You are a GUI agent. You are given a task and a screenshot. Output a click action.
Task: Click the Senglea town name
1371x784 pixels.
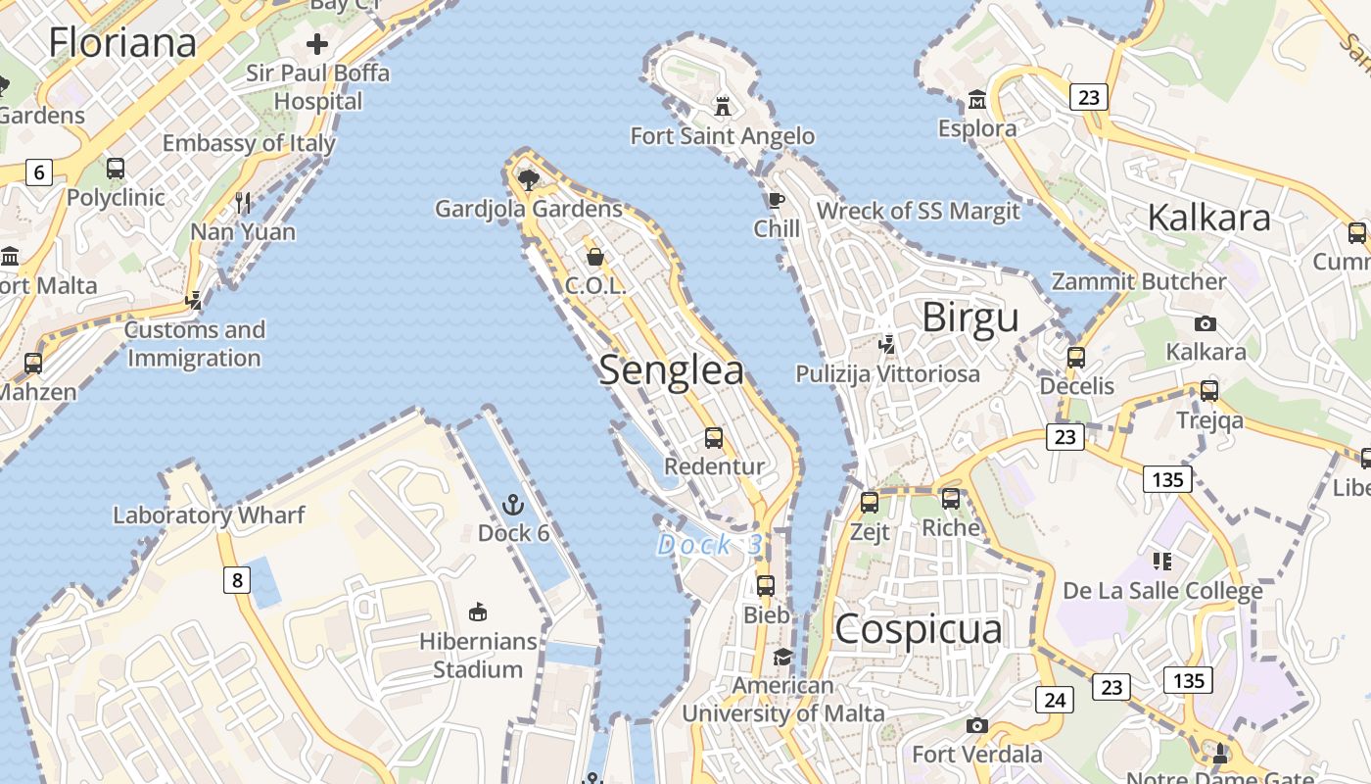click(x=671, y=370)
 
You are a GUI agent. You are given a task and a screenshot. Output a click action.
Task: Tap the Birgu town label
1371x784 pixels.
click(x=970, y=318)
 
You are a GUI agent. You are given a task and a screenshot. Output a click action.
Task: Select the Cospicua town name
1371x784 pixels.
click(x=918, y=629)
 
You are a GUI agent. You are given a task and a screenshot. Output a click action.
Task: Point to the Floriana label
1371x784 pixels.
click(x=122, y=42)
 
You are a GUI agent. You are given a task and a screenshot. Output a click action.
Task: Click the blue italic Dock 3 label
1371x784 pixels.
click(x=709, y=545)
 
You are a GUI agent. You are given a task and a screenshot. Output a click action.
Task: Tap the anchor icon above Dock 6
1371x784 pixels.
click(x=512, y=506)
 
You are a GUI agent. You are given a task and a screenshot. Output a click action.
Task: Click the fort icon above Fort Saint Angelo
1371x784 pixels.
click(x=723, y=105)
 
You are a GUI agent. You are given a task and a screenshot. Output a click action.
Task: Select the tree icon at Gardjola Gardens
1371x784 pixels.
click(x=529, y=178)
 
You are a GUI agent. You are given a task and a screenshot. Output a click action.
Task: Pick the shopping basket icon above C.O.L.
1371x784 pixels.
click(x=595, y=257)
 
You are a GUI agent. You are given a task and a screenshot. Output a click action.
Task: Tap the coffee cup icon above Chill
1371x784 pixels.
click(x=777, y=201)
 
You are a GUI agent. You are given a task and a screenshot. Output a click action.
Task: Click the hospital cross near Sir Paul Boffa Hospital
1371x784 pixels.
click(x=317, y=44)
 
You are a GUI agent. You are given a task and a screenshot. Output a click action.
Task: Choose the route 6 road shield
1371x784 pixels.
click(x=39, y=173)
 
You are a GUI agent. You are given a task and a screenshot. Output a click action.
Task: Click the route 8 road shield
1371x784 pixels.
click(x=236, y=581)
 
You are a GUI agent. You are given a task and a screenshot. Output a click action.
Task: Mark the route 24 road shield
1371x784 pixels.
click(x=1054, y=700)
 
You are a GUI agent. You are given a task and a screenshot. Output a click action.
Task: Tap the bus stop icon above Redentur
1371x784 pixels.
click(x=714, y=438)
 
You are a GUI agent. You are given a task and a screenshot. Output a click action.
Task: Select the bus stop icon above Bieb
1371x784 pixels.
click(x=766, y=586)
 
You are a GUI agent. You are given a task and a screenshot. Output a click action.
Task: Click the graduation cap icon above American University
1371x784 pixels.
click(x=782, y=657)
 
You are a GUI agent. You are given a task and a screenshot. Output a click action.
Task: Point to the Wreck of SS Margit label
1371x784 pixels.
click(x=918, y=211)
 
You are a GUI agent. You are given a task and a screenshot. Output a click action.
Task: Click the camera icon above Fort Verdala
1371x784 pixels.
click(x=976, y=726)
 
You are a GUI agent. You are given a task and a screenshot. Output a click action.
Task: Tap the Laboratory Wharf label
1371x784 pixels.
click(x=209, y=514)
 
